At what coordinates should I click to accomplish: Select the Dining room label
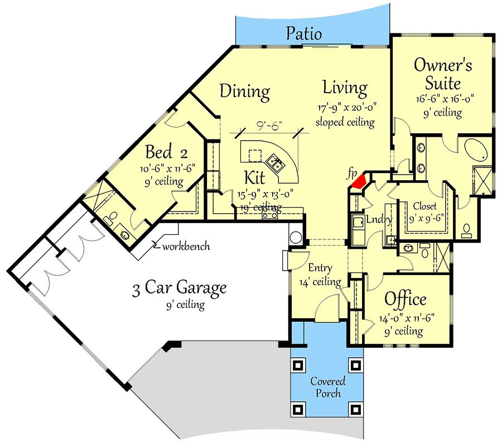(x=244, y=91)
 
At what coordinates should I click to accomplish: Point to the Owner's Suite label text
(x=443, y=74)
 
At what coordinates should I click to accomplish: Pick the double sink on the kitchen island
(x=276, y=164)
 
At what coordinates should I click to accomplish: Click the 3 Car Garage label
(x=179, y=288)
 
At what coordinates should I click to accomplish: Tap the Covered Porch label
(x=327, y=387)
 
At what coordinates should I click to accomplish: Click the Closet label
(x=424, y=206)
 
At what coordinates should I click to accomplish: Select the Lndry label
(x=378, y=219)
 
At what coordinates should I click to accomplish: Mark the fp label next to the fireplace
(x=352, y=174)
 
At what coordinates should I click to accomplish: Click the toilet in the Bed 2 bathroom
(x=113, y=216)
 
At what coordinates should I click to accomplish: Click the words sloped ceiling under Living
(x=345, y=122)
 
